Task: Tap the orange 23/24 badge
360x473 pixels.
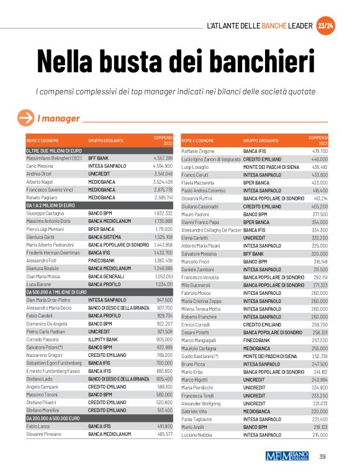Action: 325,26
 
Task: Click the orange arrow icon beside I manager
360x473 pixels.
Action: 25,117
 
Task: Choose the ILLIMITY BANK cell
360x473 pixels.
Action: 104,340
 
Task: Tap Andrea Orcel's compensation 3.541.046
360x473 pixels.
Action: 163,174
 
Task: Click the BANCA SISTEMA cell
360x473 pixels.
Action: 104,220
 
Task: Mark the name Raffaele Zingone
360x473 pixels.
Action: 197,151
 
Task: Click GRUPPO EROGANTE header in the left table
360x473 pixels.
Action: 106,141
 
